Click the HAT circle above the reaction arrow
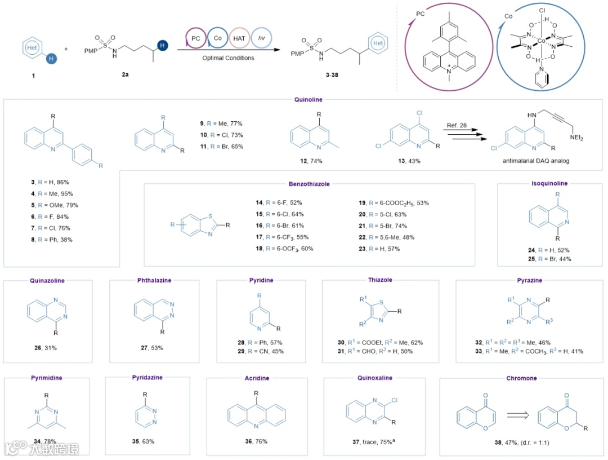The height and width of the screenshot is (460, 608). [x=239, y=38]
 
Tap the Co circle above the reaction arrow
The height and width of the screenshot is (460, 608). [x=217, y=38]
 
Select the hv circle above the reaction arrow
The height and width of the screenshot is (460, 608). [x=261, y=38]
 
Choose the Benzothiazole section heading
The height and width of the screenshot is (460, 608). [x=310, y=184]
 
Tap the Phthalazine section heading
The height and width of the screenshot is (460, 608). [x=154, y=280]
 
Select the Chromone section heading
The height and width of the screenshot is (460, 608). [x=521, y=378]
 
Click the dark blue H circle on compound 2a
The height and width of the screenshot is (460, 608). [x=163, y=45]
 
